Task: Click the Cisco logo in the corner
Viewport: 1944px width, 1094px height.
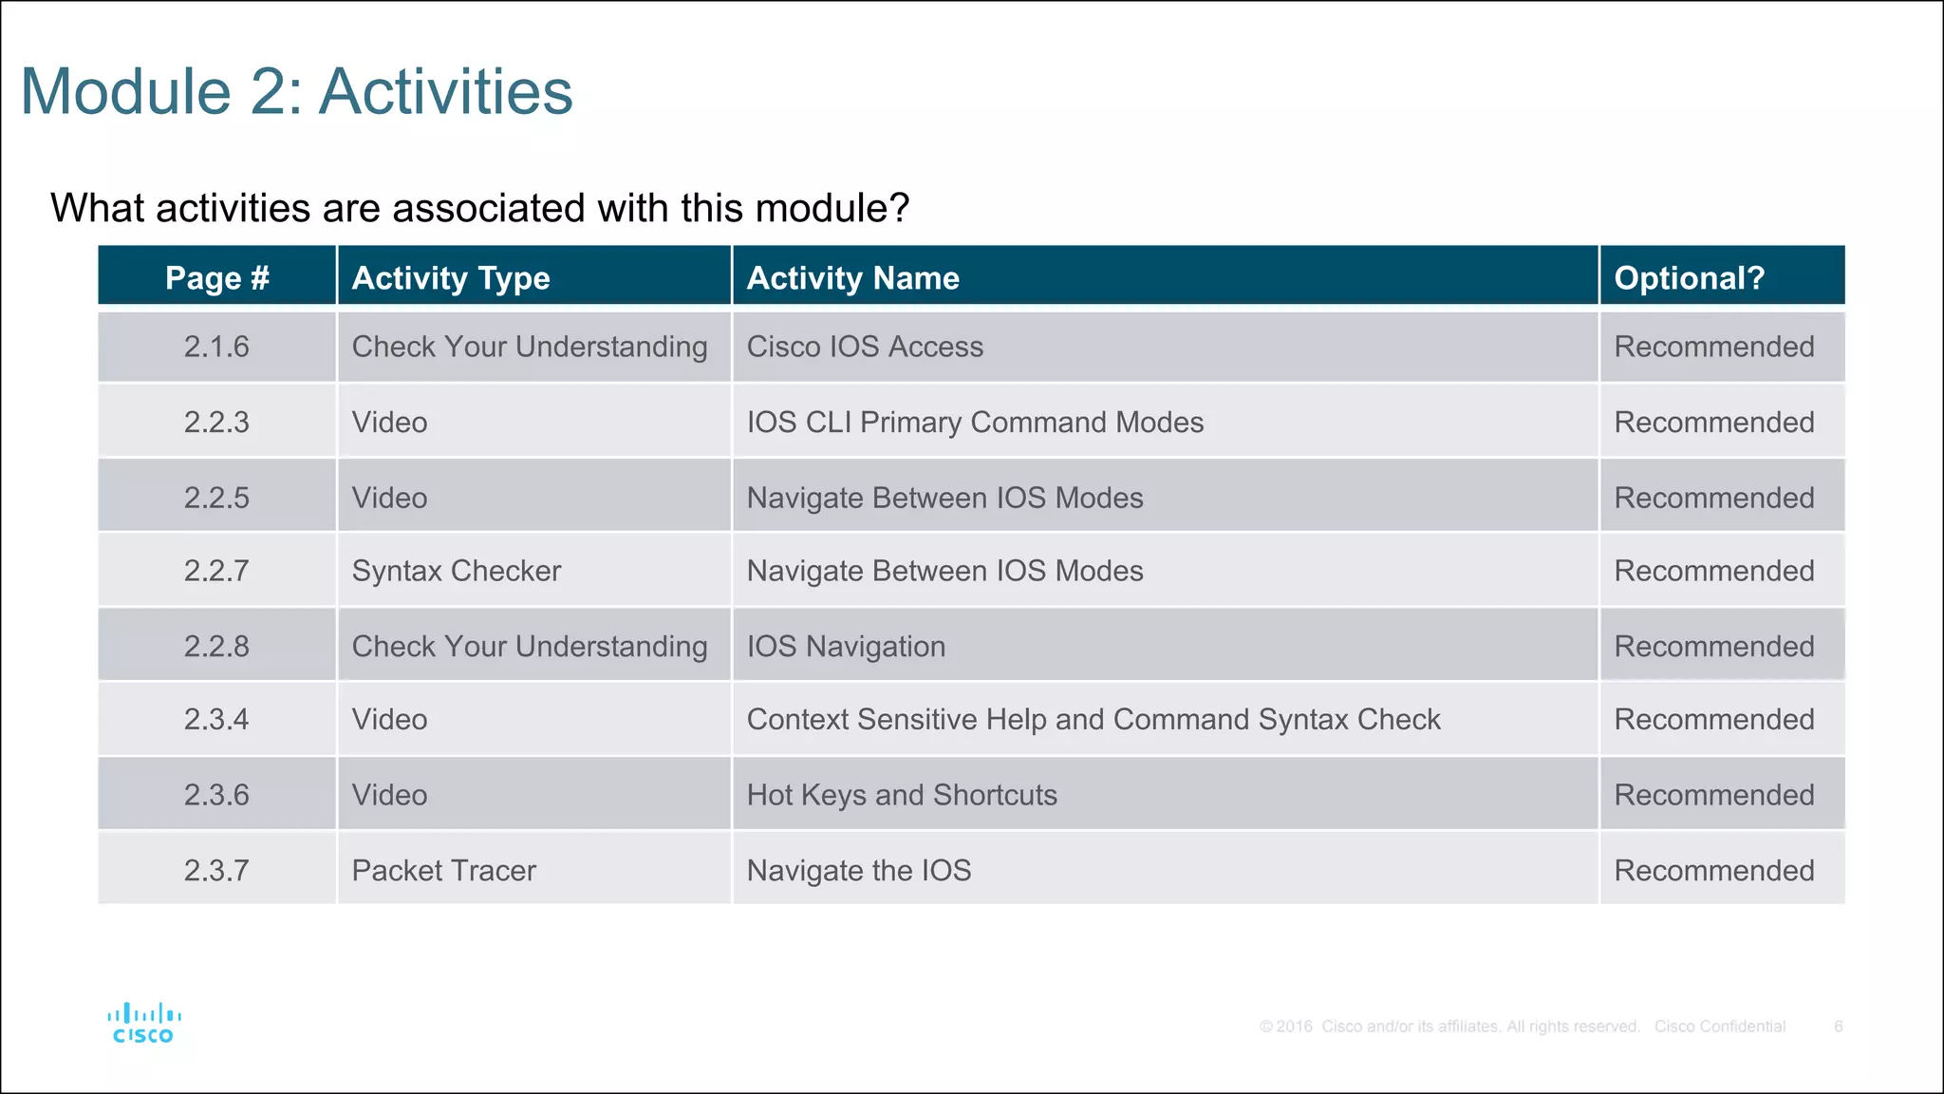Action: (143, 1024)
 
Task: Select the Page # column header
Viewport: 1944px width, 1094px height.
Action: (217, 277)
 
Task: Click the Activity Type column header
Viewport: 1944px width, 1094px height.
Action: (451, 277)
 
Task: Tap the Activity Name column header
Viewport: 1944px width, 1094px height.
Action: (852, 277)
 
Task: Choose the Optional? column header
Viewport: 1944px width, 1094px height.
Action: (1689, 277)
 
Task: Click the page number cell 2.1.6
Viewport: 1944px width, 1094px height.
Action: (216, 347)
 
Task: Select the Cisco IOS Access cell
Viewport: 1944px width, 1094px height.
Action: (865, 347)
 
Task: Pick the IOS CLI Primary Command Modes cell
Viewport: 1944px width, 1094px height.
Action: (975, 422)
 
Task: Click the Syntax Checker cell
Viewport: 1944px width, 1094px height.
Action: (457, 571)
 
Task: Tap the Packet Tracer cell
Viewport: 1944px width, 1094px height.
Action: (443, 870)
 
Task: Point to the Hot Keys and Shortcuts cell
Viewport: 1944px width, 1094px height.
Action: (902, 795)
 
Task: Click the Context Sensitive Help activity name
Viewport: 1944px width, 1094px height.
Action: (1093, 719)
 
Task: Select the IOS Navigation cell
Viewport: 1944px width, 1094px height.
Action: (846, 647)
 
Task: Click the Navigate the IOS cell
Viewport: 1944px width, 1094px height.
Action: (859, 870)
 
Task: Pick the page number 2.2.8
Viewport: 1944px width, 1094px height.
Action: (216, 647)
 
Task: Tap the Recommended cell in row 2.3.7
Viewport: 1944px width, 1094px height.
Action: (1714, 870)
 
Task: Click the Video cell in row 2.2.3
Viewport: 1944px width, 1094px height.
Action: (389, 422)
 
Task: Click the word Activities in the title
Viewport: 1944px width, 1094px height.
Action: (445, 92)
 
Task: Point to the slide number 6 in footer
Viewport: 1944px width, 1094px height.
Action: (1838, 1027)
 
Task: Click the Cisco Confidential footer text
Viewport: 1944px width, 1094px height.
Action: (1720, 1027)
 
